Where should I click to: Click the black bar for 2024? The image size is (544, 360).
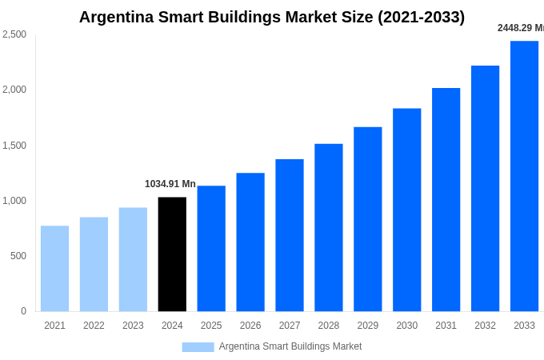pyautogui.click(x=172, y=254)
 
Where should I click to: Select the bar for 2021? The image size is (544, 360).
pyautogui.click(x=54, y=269)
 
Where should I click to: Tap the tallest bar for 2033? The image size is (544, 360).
pyautogui.click(x=524, y=176)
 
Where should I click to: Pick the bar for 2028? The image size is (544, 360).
pyautogui.click(x=328, y=228)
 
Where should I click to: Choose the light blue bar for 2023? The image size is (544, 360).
pyautogui.click(x=133, y=260)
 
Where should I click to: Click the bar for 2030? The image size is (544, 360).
pyautogui.click(x=406, y=210)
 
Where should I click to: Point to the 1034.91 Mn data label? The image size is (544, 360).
pyautogui.click(x=170, y=184)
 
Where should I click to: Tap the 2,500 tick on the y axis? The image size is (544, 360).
pyautogui.click(x=14, y=34)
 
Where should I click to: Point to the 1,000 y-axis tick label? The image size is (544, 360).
pyautogui.click(x=14, y=201)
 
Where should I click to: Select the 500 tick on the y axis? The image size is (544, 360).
pyautogui.click(x=18, y=256)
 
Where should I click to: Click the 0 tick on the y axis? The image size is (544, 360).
pyautogui.click(x=23, y=311)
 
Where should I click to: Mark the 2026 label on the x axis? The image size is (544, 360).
pyautogui.click(x=250, y=326)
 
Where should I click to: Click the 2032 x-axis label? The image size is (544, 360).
pyautogui.click(x=485, y=326)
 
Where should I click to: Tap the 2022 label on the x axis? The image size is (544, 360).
pyautogui.click(x=94, y=326)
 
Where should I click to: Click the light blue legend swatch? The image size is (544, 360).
pyautogui.click(x=198, y=347)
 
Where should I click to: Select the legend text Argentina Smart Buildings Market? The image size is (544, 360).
pyautogui.click(x=290, y=346)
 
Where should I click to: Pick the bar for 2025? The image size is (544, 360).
pyautogui.click(x=211, y=249)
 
